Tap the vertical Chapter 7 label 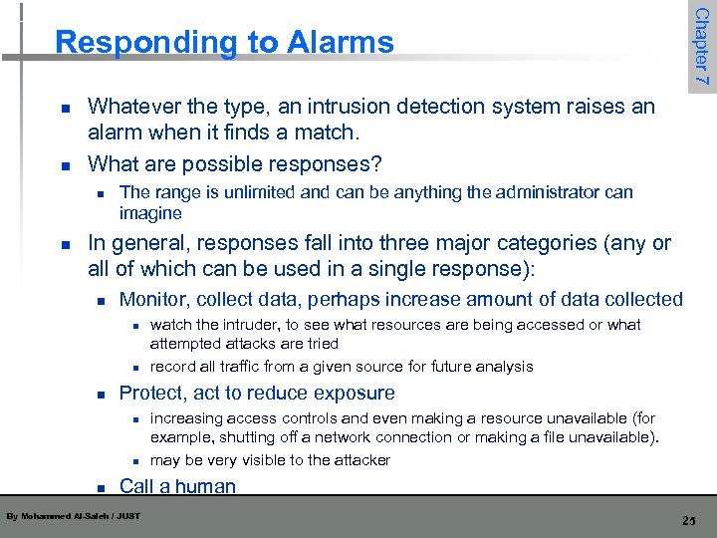(702, 46)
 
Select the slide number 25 (688, 520)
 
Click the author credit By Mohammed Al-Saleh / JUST (74, 516)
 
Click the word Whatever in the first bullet (130, 107)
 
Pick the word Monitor (154, 299)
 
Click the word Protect (151, 393)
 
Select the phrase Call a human (177, 486)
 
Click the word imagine (150, 213)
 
